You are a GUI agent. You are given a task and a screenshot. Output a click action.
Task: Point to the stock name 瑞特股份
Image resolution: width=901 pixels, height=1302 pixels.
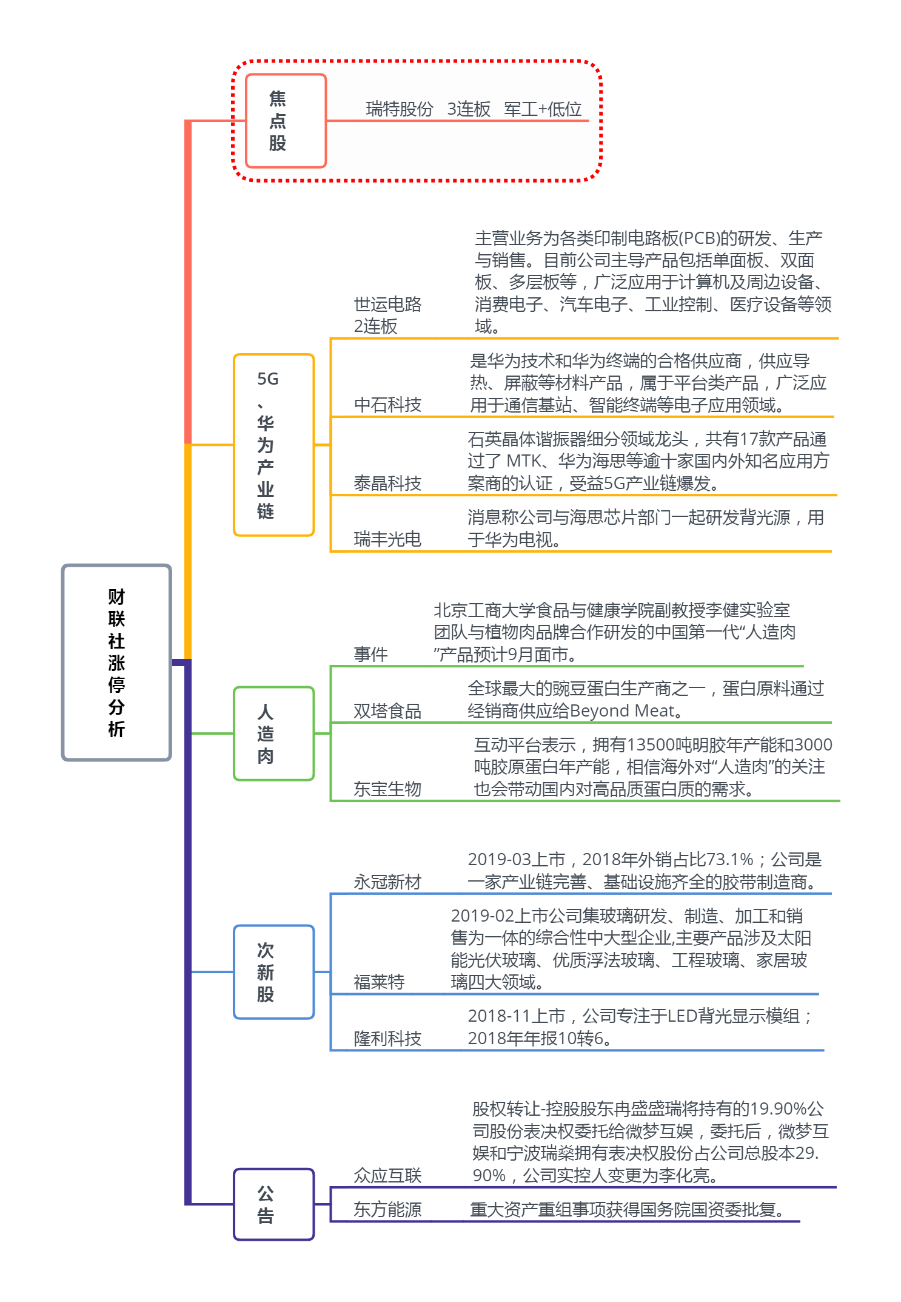click(400, 109)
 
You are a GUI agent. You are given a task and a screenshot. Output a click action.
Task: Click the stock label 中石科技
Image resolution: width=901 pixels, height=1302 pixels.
click(387, 405)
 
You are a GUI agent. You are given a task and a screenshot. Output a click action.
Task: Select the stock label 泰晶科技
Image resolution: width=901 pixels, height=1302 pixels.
click(387, 484)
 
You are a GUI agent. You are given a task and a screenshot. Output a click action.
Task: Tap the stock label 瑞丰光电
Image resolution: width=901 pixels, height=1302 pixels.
click(387, 539)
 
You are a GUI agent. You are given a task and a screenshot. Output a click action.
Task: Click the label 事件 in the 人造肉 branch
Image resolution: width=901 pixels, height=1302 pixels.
click(370, 654)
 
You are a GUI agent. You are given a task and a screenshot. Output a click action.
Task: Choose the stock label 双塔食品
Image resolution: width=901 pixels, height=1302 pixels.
click(387, 710)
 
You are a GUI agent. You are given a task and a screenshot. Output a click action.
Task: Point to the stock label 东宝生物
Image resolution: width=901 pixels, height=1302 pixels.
click(387, 789)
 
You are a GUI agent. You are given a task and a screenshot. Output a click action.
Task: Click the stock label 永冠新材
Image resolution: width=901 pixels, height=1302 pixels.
click(387, 882)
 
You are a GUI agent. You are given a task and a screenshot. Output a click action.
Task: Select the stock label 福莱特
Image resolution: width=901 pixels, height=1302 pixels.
click(379, 982)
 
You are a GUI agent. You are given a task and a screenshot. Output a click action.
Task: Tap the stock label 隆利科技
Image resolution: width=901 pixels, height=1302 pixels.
click(387, 1038)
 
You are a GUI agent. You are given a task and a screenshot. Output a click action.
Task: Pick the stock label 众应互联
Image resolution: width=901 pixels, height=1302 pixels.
click(387, 1175)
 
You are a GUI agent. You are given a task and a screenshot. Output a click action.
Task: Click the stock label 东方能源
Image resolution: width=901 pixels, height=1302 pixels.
click(387, 1209)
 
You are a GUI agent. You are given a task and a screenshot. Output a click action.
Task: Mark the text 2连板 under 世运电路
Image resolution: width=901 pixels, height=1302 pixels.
click(375, 326)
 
